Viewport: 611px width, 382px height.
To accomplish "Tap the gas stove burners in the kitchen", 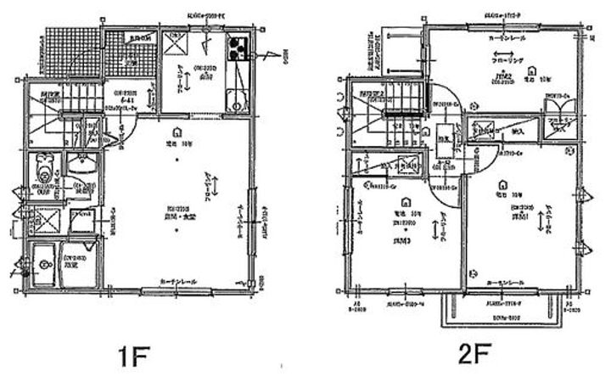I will [x=235, y=48].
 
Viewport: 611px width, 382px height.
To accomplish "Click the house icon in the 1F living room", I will [x=176, y=132].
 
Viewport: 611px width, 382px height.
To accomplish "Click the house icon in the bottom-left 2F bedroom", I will [x=405, y=200].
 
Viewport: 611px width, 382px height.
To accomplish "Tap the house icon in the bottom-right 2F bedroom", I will [x=506, y=182].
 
